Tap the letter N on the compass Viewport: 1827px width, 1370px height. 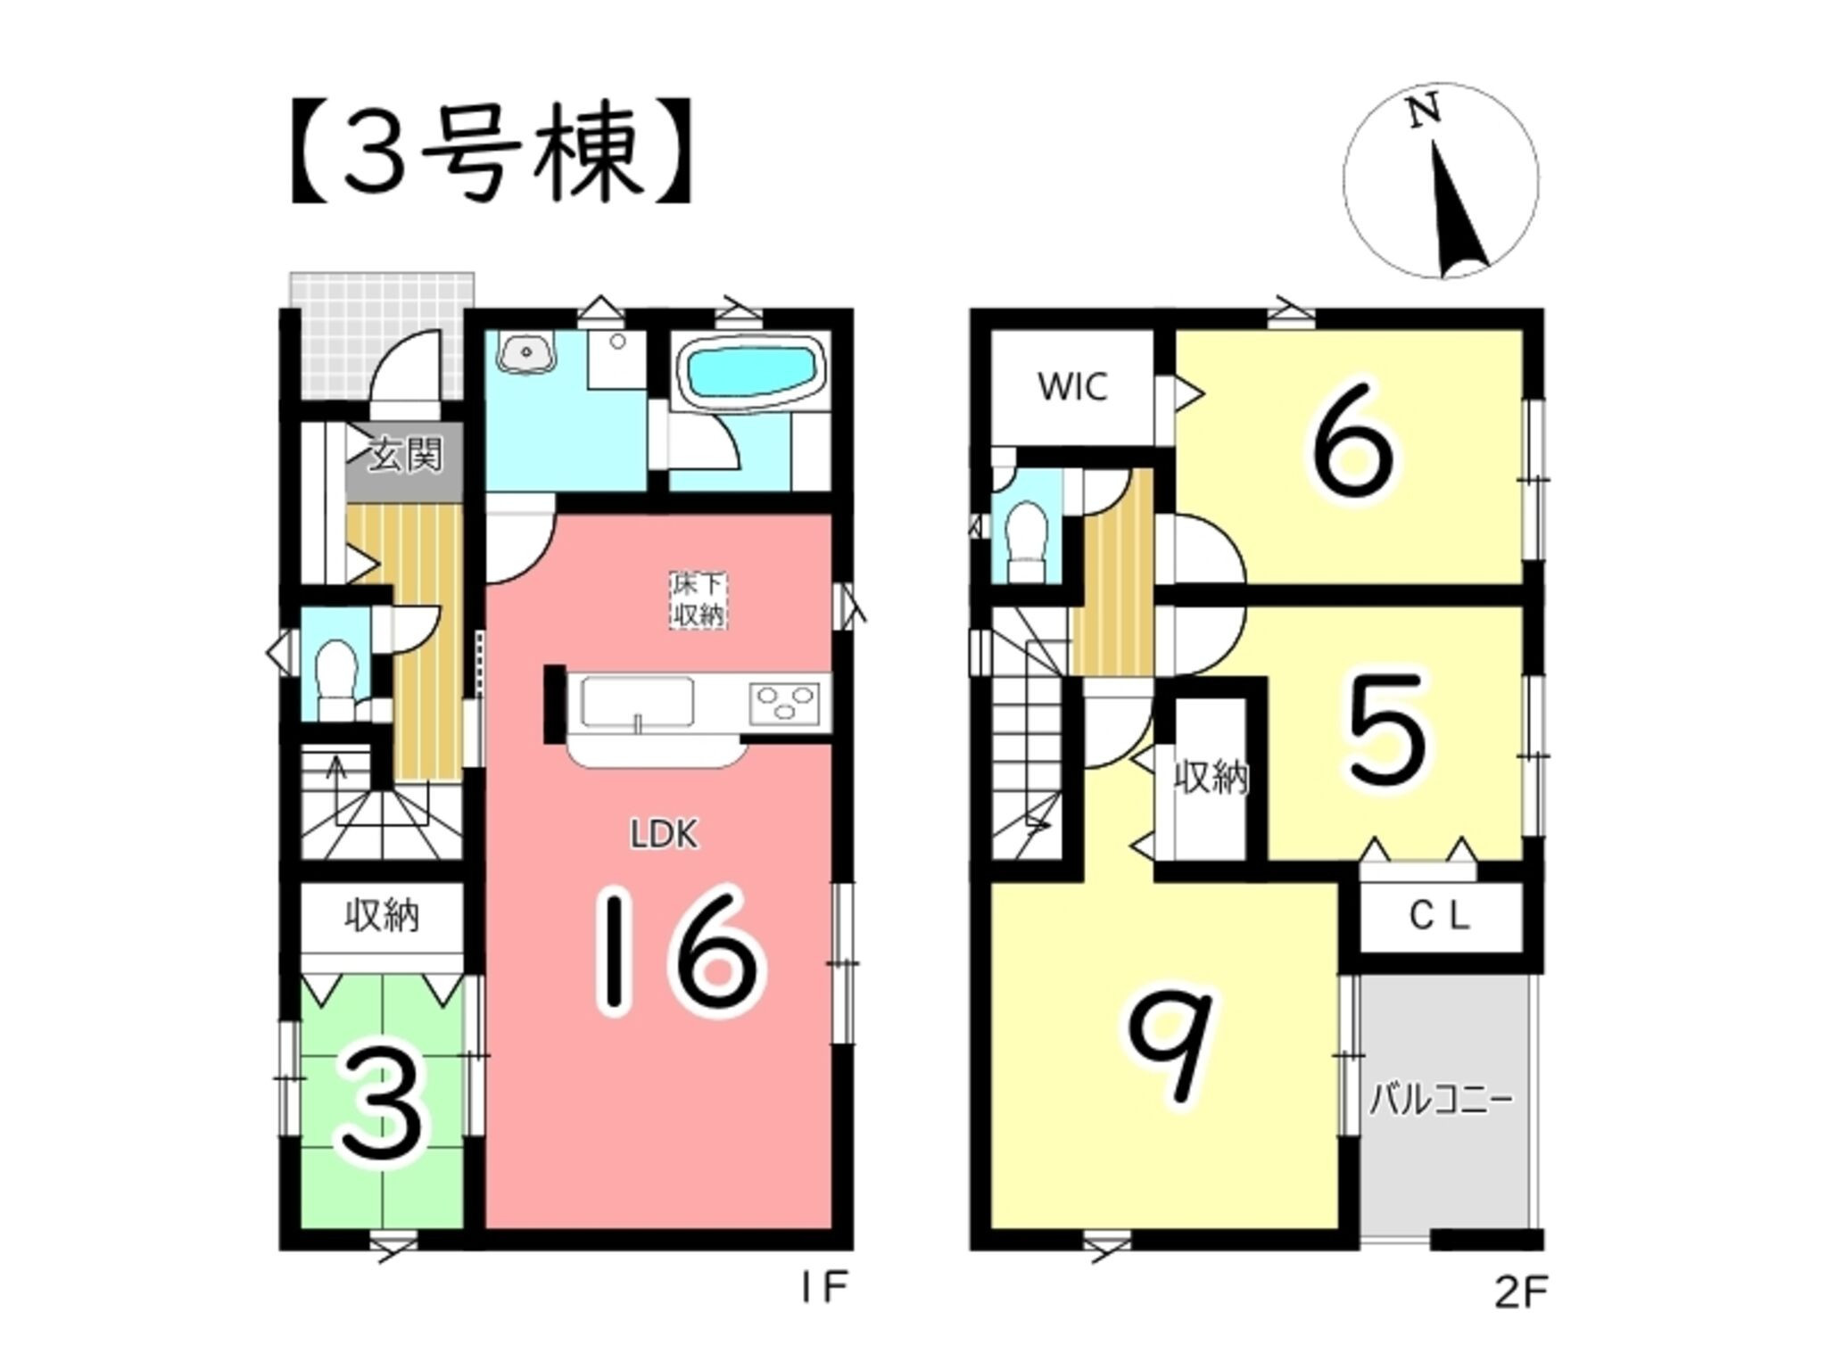coord(1424,113)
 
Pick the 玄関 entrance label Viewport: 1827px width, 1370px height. coord(406,457)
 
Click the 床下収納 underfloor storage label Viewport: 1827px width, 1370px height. coord(698,600)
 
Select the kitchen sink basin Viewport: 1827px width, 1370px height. coord(637,702)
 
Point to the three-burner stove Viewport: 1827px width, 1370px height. coord(785,700)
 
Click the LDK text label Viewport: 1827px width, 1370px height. coord(664,835)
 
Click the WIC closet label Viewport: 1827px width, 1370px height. coord(1072,387)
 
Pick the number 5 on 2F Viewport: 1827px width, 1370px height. coord(1386,732)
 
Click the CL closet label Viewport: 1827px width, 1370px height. coord(1439,916)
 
